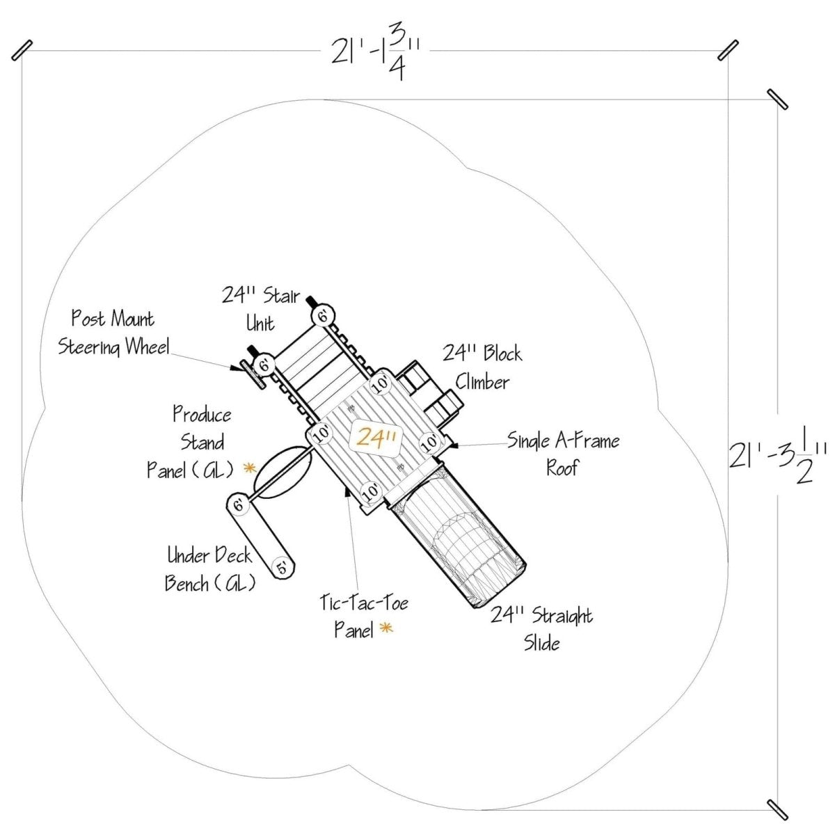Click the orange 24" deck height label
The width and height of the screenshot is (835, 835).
tap(376, 438)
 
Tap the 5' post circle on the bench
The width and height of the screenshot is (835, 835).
tap(283, 567)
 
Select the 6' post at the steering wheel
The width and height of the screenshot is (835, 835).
tap(264, 365)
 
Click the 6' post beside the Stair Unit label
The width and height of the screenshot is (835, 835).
tap(323, 316)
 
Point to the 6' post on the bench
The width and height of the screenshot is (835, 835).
tap(239, 504)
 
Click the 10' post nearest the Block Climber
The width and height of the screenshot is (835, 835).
tap(381, 383)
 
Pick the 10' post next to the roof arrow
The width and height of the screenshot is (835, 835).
tap(429, 442)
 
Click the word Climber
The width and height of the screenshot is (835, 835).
tap(482, 382)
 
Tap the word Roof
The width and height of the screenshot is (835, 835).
tap(562, 468)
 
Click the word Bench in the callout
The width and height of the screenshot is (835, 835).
tap(186, 583)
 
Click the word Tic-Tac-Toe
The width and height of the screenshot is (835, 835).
tap(364, 603)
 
